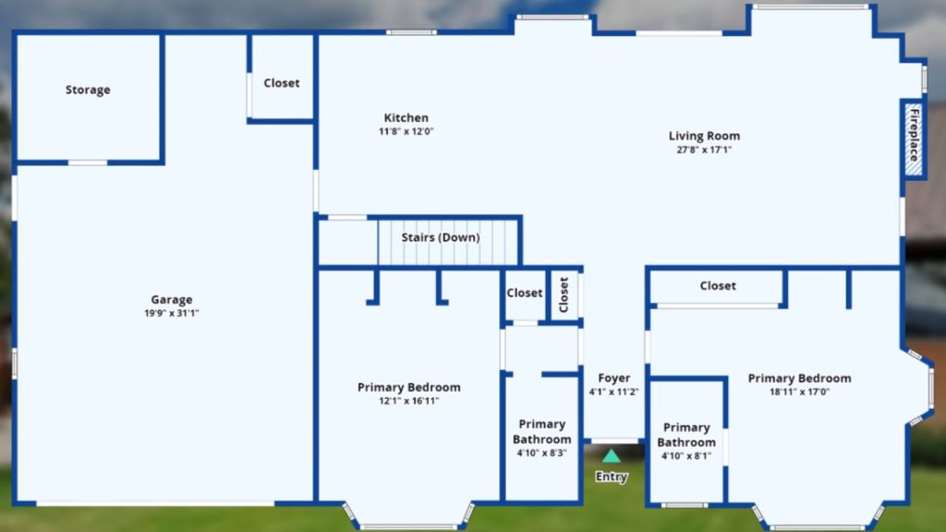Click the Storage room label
(88, 90)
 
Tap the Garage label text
(172, 299)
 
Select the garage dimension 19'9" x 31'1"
(172, 313)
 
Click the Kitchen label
(406, 117)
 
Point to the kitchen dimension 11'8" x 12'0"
(406, 131)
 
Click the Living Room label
(704, 136)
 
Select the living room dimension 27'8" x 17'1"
(704, 150)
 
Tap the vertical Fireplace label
(915, 135)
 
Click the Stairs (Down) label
(441, 237)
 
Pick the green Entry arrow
(612, 455)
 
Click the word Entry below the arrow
(612, 477)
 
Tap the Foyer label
(614, 378)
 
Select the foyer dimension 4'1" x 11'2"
(614, 392)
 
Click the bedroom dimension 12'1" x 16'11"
(408, 401)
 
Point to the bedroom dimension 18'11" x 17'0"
(799, 392)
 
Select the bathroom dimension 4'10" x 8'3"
(541, 453)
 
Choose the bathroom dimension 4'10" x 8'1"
(686, 455)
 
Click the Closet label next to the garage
(282, 83)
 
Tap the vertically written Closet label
(564, 295)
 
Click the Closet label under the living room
(718, 285)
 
